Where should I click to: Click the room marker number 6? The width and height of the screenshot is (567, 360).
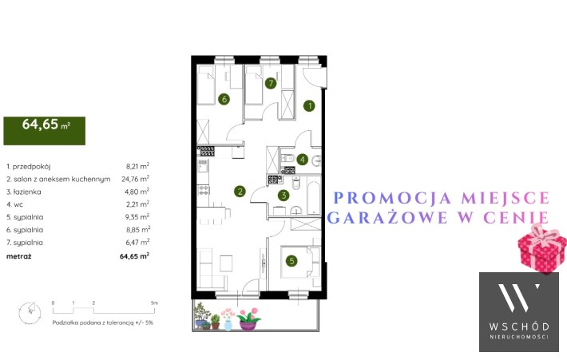(x=224, y=99)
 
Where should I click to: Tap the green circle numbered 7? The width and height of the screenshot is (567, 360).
(x=271, y=84)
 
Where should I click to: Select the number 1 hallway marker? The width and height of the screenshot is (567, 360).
(x=309, y=106)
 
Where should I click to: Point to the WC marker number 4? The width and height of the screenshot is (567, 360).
(x=303, y=160)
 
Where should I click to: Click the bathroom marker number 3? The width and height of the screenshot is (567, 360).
(x=283, y=196)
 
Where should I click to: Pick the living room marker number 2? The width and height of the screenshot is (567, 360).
(x=240, y=192)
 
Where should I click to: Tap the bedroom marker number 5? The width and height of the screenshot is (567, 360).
(x=291, y=260)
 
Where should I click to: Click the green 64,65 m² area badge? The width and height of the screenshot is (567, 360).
(x=45, y=130)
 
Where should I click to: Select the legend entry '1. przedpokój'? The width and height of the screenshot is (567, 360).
(x=28, y=167)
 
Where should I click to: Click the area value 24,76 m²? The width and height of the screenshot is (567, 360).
(x=135, y=179)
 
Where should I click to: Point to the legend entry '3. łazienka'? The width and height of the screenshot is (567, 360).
(x=24, y=192)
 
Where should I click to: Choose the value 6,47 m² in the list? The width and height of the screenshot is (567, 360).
(x=137, y=242)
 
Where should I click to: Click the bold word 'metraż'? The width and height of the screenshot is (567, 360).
(x=19, y=256)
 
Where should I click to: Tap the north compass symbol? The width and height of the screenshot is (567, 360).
(x=30, y=312)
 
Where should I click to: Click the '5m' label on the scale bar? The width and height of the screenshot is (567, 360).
(x=154, y=303)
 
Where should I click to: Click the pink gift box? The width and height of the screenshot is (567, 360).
(x=541, y=249)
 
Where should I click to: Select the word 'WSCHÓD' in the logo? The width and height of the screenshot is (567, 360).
(x=519, y=326)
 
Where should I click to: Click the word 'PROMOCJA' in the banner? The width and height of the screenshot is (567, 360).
(x=393, y=198)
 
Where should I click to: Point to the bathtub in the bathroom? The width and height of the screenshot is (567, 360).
(x=313, y=197)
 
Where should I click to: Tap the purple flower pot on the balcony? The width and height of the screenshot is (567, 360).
(x=248, y=326)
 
